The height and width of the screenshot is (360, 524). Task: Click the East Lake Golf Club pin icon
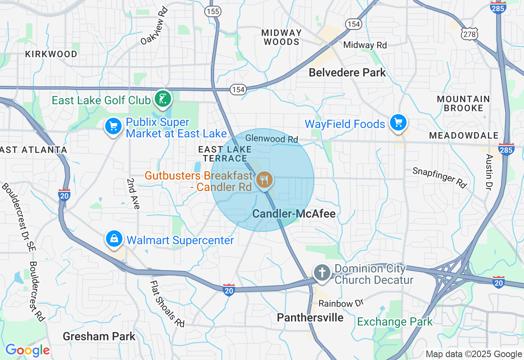pos(163,99)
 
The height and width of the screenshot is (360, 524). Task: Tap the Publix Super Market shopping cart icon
pos(113,126)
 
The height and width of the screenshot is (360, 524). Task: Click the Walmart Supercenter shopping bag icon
pos(114,239)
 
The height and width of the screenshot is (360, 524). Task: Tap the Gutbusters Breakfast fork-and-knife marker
pos(264,180)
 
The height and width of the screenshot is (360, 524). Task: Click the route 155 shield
pos(213,11)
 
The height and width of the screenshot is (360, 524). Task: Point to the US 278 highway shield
pos(469,34)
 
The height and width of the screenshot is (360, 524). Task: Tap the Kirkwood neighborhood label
pos(51,54)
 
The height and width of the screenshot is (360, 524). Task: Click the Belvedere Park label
pos(347,73)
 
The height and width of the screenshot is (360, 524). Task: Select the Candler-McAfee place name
pos(294,214)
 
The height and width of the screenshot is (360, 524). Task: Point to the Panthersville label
pos(310,317)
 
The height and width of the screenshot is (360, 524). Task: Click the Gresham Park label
pos(99,337)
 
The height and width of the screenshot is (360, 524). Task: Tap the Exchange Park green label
pos(395,322)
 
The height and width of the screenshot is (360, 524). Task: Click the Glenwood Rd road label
pos(272,139)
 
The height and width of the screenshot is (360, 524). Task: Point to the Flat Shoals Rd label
pos(167,303)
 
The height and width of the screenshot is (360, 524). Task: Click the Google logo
pos(27,351)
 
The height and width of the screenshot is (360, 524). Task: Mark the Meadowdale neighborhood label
pos(464,135)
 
